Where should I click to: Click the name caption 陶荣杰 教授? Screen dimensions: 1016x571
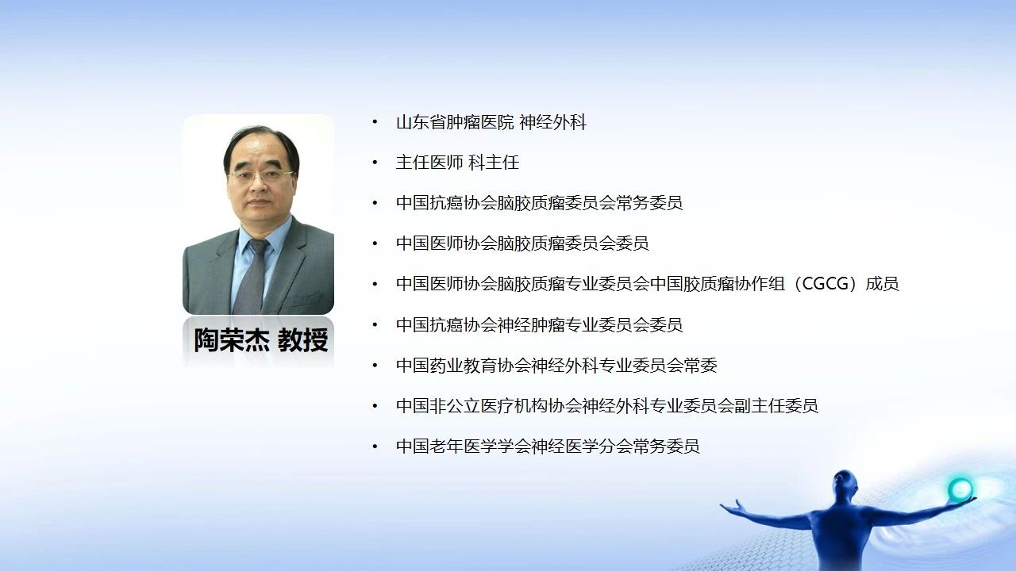point(261,340)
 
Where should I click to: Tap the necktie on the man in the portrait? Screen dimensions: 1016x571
point(252,277)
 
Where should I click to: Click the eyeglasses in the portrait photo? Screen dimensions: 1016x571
point(262,177)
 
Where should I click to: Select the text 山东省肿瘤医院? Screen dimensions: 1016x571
point(455,122)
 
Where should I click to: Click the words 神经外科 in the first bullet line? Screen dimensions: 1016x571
point(553,122)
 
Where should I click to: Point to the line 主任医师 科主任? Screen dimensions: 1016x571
point(457,163)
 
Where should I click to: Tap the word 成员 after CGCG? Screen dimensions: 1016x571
point(882,284)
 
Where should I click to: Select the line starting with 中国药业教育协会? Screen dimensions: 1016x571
point(556,366)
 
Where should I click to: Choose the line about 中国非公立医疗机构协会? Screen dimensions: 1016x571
point(607,405)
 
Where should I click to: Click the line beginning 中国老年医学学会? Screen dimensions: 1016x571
point(548,446)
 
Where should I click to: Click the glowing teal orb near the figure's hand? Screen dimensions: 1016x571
point(960,489)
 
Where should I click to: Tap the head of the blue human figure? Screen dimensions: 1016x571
point(845,484)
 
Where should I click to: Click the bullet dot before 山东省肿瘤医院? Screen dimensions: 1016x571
point(375,122)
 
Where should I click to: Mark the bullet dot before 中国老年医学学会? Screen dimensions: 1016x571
point(375,446)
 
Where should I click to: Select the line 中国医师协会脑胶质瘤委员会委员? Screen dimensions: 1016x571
point(522,243)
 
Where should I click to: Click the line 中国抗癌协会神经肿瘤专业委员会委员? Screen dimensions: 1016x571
point(539,324)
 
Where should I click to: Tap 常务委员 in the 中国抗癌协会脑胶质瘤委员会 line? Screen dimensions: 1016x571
point(649,202)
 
